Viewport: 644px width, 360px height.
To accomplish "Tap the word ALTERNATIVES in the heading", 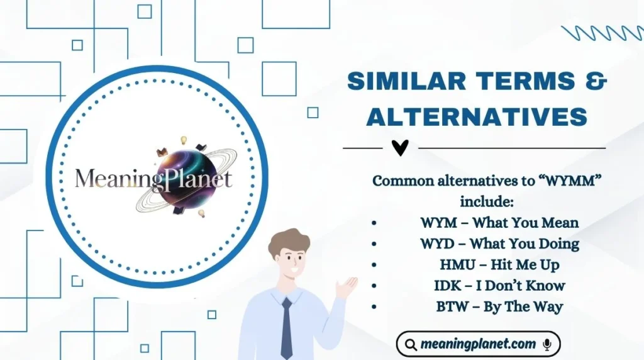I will pos(477,116).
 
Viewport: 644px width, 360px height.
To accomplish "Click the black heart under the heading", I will pos(400,148).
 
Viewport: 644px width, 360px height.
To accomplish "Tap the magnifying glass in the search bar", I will pos(411,345).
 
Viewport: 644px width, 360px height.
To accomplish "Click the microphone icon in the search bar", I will pos(547,344).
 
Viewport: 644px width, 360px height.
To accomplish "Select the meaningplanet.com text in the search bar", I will pos(479,344).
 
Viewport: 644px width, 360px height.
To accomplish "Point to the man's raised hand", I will pos(347,287).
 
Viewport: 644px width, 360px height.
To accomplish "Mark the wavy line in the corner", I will pos(600,33).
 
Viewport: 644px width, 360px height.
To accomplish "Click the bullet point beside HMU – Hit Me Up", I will pos(375,265).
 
